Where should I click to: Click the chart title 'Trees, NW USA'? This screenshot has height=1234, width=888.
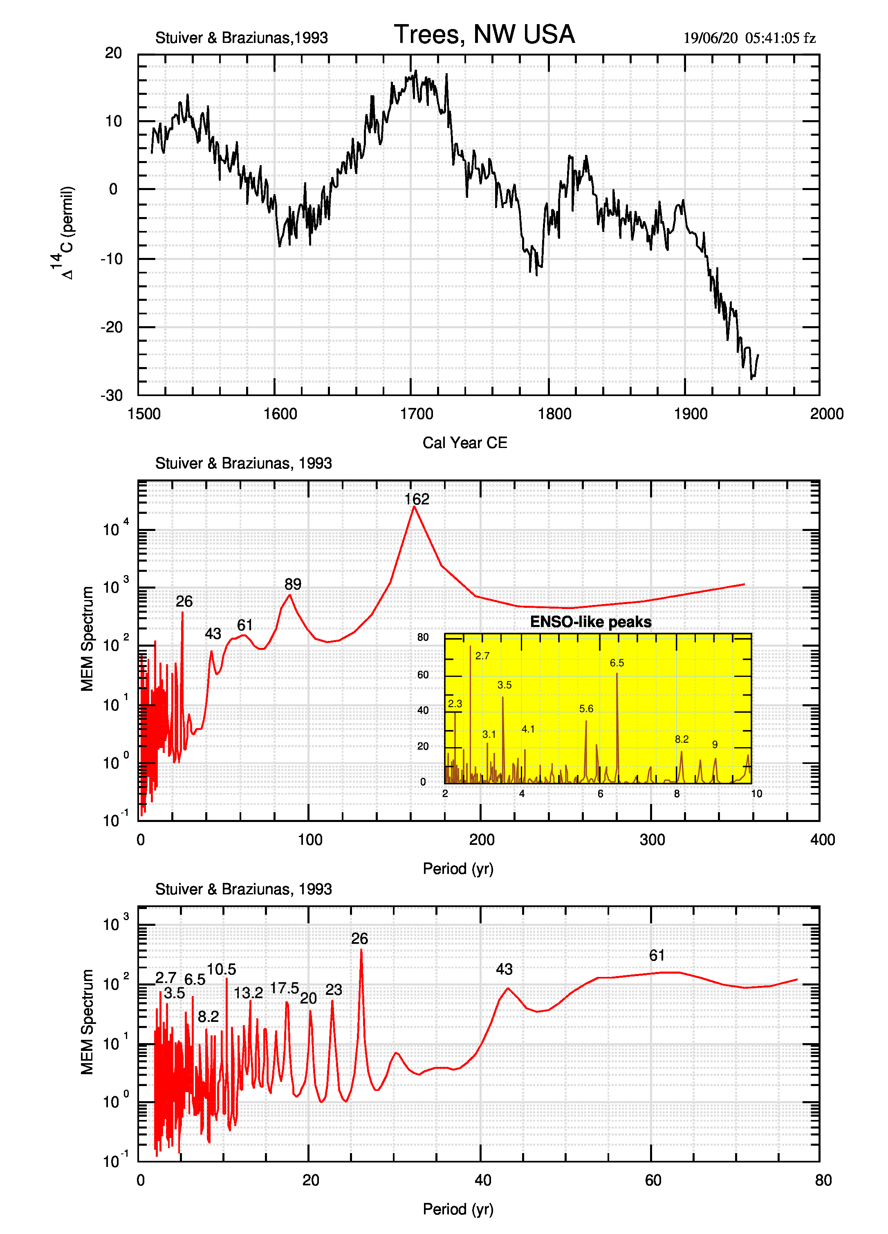click(x=484, y=34)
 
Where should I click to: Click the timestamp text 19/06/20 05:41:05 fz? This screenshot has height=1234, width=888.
click(x=749, y=38)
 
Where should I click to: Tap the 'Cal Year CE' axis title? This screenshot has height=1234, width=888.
click(x=465, y=443)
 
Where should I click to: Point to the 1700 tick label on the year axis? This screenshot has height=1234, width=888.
click(x=416, y=414)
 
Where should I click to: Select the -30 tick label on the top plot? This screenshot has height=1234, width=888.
click(x=112, y=396)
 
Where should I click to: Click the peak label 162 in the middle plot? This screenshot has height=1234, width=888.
click(x=417, y=499)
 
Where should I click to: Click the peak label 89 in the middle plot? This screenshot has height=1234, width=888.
click(x=293, y=585)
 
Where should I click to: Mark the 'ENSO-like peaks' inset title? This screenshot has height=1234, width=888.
click(x=590, y=622)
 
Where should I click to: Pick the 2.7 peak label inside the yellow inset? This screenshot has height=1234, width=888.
click(x=482, y=656)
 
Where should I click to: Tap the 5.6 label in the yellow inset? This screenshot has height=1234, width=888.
click(x=586, y=709)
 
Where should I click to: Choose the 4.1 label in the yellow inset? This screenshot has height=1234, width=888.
click(x=528, y=729)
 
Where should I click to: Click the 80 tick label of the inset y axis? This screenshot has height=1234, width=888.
click(x=423, y=637)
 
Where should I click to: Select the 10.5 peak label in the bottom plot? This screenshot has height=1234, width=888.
click(x=222, y=970)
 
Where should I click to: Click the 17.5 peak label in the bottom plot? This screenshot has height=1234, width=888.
click(x=285, y=988)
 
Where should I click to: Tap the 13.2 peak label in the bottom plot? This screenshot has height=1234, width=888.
click(x=248, y=993)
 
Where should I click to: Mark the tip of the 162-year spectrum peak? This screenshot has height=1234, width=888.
click(x=414, y=506)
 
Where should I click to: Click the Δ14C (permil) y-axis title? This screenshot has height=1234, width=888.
click(x=64, y=233)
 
